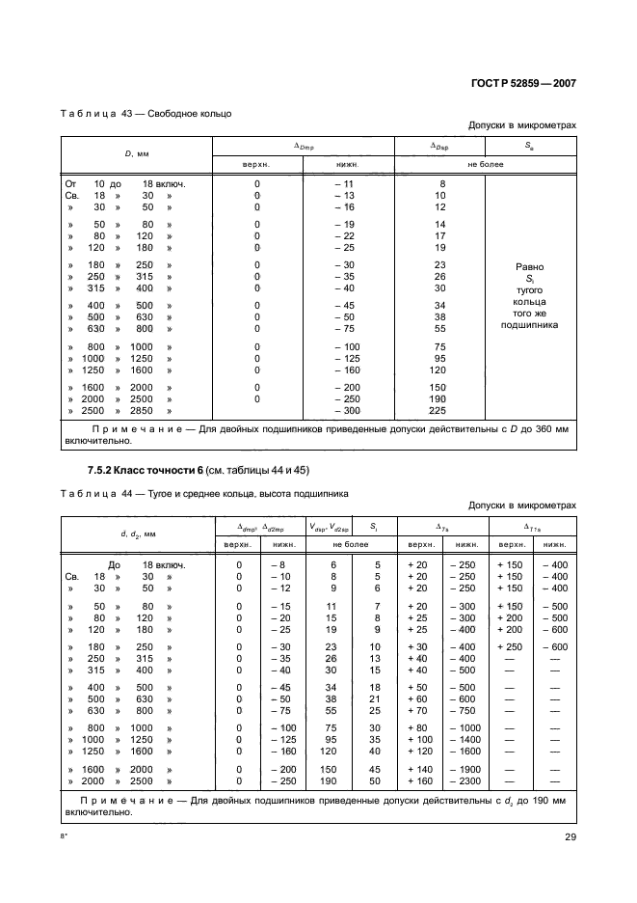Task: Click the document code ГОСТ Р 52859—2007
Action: click(525, 83)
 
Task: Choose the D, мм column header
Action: click(135, 153)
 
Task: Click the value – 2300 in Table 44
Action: click(466, 781)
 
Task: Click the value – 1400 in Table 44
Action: click(466, 740)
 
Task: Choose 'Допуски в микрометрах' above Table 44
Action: click(521, 505)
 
